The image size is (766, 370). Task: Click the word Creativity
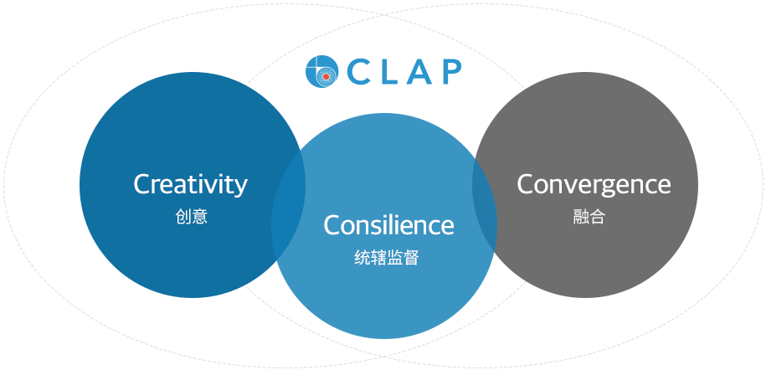(191, 186)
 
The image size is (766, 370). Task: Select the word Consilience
(389, 225)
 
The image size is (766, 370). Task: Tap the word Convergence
(594, 186)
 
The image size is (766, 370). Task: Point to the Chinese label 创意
(192, 217)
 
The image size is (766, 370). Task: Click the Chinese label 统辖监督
(387, 258)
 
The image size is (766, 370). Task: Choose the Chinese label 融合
(589, 217)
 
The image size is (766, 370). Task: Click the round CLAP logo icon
(322, 71)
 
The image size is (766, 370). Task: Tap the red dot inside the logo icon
(326, 77)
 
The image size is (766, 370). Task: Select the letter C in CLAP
(358, 72)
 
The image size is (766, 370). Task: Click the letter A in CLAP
(420, 72)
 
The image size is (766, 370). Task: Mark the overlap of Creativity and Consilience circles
(288, 205)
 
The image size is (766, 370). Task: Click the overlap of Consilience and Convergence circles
(485, 205)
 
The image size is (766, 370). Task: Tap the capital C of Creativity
(142, 184)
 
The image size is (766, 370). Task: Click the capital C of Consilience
(332, 225)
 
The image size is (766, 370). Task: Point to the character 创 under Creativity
(183, 217)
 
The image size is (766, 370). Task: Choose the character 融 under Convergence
(581, 217)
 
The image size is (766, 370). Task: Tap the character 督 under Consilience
(411, 258)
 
